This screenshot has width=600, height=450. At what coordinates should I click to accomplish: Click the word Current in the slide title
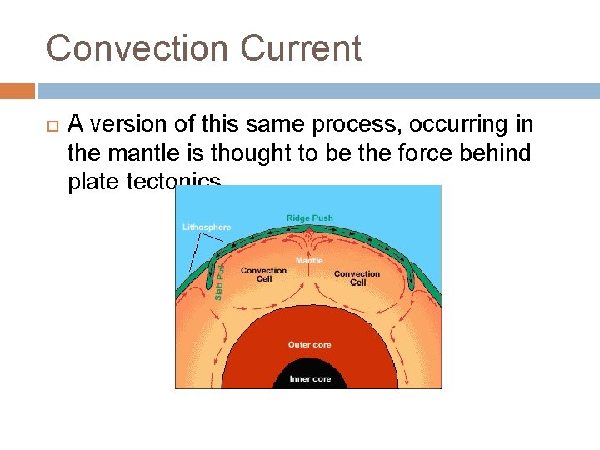click(302, 48)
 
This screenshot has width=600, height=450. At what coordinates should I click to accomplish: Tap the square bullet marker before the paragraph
click(51, 126)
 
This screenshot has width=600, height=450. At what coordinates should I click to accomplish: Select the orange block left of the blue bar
click(17, 91)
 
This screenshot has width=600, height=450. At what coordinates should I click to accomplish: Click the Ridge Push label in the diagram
click(309, 218)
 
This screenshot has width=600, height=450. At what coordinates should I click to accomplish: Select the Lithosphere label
click(207, 227)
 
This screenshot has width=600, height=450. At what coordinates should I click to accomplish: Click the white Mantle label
click(309, 261)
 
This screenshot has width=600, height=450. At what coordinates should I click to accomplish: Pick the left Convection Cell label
click(263, 274)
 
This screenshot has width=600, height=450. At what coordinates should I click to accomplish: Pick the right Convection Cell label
click(357, 277)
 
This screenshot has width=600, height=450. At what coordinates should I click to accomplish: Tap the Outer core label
click(309, 345)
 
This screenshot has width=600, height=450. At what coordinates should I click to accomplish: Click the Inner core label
click(309, 379)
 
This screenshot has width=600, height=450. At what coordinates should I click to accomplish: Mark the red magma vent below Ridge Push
click(309, 238)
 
